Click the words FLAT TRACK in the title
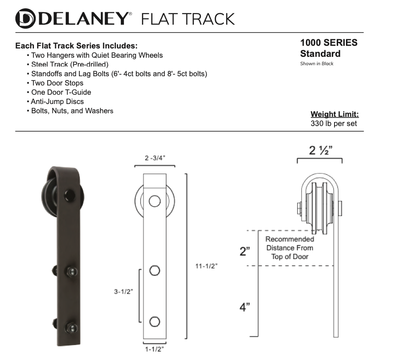pos(187,19)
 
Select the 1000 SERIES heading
pos(328,43)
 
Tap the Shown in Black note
pos(316,64)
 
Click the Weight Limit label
pos(334,115)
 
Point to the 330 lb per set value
pos(334,124)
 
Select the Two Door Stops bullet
pos(57,83)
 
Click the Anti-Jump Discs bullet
pos(57,101)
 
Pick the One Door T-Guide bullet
pos(61,92)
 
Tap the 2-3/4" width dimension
pos(155,158)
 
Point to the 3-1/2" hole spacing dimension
pos(123,291)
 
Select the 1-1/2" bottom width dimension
pos(154,349)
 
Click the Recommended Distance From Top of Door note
pos(290,248)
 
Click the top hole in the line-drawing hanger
pos(154,201)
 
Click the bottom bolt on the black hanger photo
pos(71,327)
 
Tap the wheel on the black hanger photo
pos(47,194)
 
